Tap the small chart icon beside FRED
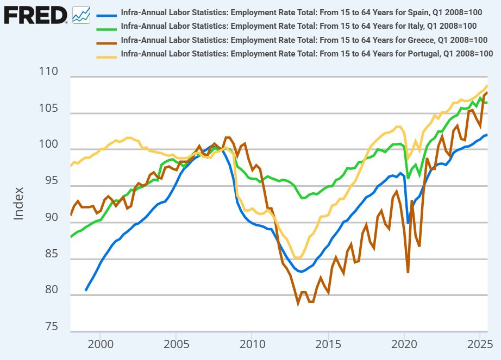point(82,14)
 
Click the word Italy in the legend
point(411,26)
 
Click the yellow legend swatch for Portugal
point(107,53)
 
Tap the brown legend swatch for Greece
point(107,40)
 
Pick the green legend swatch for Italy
point(107,26)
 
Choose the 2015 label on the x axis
point(328,345)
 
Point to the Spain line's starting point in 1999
point(86,290)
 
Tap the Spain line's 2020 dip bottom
point(408,223)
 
